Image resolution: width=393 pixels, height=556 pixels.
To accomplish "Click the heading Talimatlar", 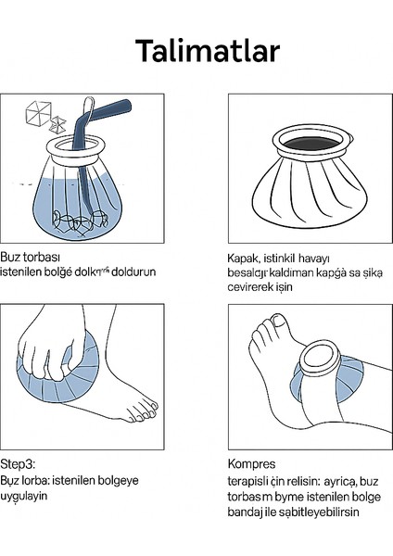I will tap(196, 51).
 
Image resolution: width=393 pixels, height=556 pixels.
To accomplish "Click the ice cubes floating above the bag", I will tap(39, 114).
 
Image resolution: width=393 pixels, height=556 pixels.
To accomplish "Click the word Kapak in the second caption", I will tap(243, 259).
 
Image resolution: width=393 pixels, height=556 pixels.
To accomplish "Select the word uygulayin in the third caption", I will tap(25, 496).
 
